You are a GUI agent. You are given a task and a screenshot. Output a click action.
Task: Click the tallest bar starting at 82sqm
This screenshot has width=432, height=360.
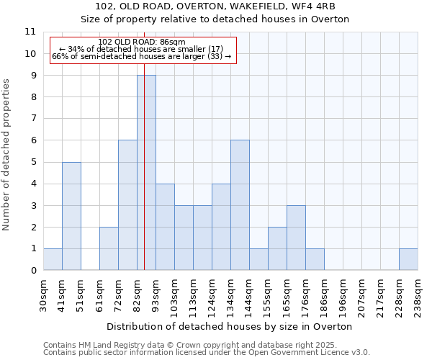(146, 173)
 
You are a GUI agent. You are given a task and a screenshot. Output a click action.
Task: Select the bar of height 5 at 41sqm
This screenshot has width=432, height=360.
(71, 216)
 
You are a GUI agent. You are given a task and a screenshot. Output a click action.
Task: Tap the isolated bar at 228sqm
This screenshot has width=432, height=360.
(408, 259)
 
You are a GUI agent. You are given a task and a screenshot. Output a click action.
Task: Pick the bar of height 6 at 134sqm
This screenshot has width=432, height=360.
(240, 205)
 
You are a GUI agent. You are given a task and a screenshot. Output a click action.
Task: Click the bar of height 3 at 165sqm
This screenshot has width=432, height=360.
(296, 238)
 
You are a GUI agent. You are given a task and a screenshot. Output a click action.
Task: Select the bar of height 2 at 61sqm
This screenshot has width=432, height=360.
(109, 248)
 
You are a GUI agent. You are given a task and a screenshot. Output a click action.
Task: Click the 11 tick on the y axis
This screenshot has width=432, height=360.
(30, 32)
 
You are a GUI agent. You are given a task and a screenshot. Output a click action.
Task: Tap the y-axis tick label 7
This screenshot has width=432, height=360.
(32, 119)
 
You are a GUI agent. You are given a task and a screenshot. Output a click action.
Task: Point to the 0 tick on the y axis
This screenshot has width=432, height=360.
(32, 271)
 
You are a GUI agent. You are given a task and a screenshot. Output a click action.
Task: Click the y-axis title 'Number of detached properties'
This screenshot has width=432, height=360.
(7, 155)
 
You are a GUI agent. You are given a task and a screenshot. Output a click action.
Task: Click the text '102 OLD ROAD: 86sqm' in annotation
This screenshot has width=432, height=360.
(142, 42)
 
